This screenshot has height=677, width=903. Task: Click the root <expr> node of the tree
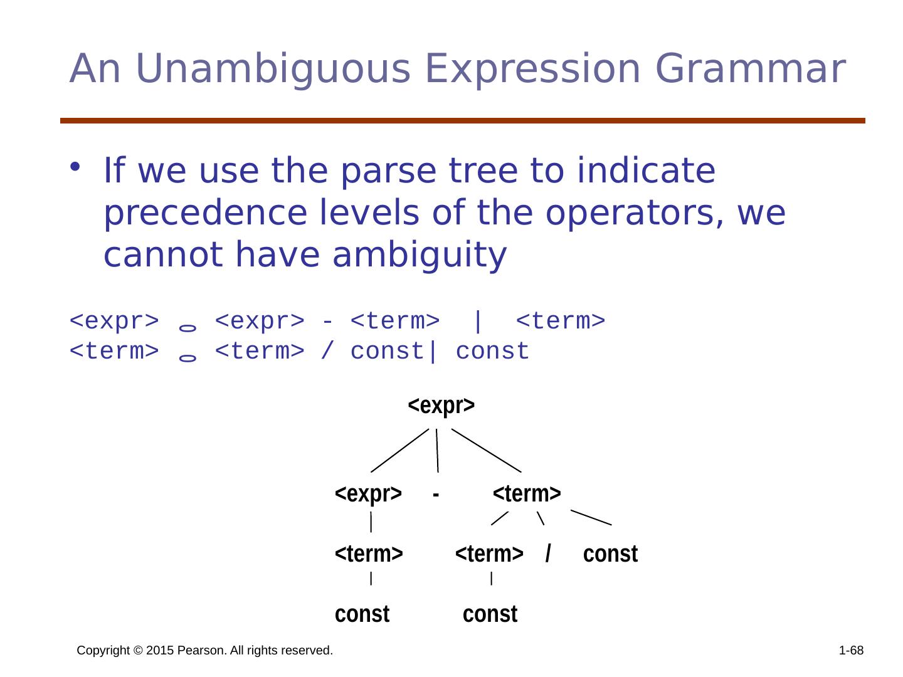click(x=441, y=406)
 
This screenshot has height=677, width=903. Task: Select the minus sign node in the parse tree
click(x=435, y=495)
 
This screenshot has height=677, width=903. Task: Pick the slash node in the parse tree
click(x=547, y=554)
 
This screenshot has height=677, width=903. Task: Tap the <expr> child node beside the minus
click(x=367, y=494)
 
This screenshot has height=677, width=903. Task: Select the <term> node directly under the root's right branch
click(x=526, y=494)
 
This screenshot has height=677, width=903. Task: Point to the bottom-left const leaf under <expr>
click(x=362, y=614)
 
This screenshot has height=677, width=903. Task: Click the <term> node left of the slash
click(x=488, y=554)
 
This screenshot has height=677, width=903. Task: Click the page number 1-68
click(x=851, y=650)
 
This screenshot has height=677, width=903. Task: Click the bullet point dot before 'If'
click(x=75, y=167)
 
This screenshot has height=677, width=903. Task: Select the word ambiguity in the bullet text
click(x=420, y=255)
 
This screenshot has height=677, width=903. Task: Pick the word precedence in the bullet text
click(x=205, y=214)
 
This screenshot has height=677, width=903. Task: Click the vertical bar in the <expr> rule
click(x=477, y=322)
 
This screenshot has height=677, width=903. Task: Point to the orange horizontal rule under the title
click(x=462, y=120)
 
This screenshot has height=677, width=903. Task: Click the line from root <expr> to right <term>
click(x=486, y=451)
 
